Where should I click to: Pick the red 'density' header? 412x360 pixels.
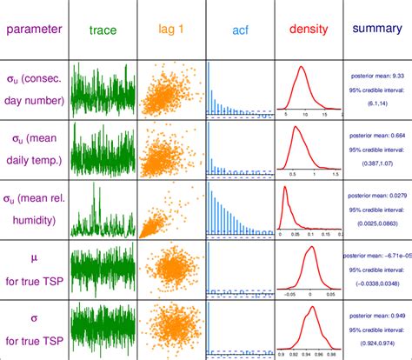(x=309, y=30)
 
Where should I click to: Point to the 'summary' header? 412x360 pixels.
(x=376, y=29)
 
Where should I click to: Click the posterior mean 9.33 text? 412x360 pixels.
(x=376, y=75)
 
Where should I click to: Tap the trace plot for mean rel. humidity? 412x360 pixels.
(x=103, y=209)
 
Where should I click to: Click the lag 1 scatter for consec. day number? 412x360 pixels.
(x=171, y=90)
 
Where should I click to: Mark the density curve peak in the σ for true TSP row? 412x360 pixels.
(x=310, y=310)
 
